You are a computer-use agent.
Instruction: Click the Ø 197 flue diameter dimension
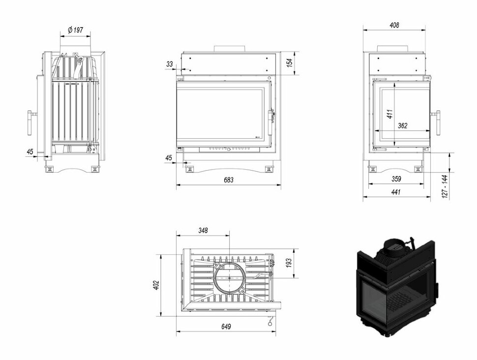click(x=75, y=30)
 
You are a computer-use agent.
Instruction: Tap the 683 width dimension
click(x=229, y=180)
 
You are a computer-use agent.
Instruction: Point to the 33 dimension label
click(x=170, y=64)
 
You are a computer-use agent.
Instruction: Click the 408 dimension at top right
click(x=394, y=25)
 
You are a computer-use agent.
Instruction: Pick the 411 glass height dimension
click(x=390, y=114)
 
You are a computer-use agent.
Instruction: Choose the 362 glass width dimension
click(x=402, y=125)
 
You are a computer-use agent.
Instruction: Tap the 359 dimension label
click(x=396, y=179)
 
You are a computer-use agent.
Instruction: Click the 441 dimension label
click(x=396, y=192)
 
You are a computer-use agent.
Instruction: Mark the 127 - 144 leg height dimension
click(x=445, y=186)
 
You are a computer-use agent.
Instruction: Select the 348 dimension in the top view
click(x=203, y=230)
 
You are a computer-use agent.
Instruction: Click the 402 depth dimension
click(x=156, y=285)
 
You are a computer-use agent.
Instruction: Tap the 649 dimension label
click(x=226, y=327)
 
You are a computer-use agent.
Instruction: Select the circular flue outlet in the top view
click(x=229, y=278)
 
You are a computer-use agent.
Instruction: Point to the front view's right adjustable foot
click(x=269, y=169)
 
